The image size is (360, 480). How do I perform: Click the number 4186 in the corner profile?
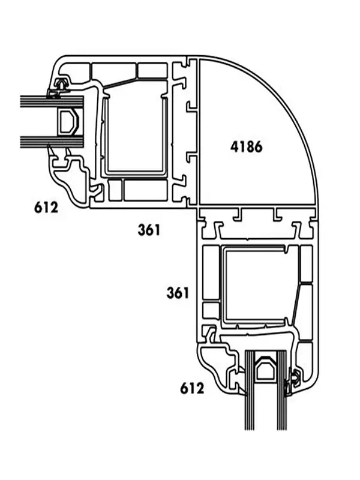point(247,147)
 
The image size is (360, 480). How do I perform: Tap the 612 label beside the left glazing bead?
point(46,208)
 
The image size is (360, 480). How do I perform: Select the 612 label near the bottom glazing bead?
point(192,388)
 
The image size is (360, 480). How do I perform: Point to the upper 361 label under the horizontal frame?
point(149,230)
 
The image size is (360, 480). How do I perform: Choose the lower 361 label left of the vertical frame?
point(178,293)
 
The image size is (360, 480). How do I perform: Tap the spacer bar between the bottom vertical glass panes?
point(266,366)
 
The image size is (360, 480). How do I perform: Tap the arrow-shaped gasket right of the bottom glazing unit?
point(294,379)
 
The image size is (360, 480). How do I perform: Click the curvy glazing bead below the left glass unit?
point(72,178)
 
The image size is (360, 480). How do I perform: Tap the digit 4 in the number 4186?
point(235,147)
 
